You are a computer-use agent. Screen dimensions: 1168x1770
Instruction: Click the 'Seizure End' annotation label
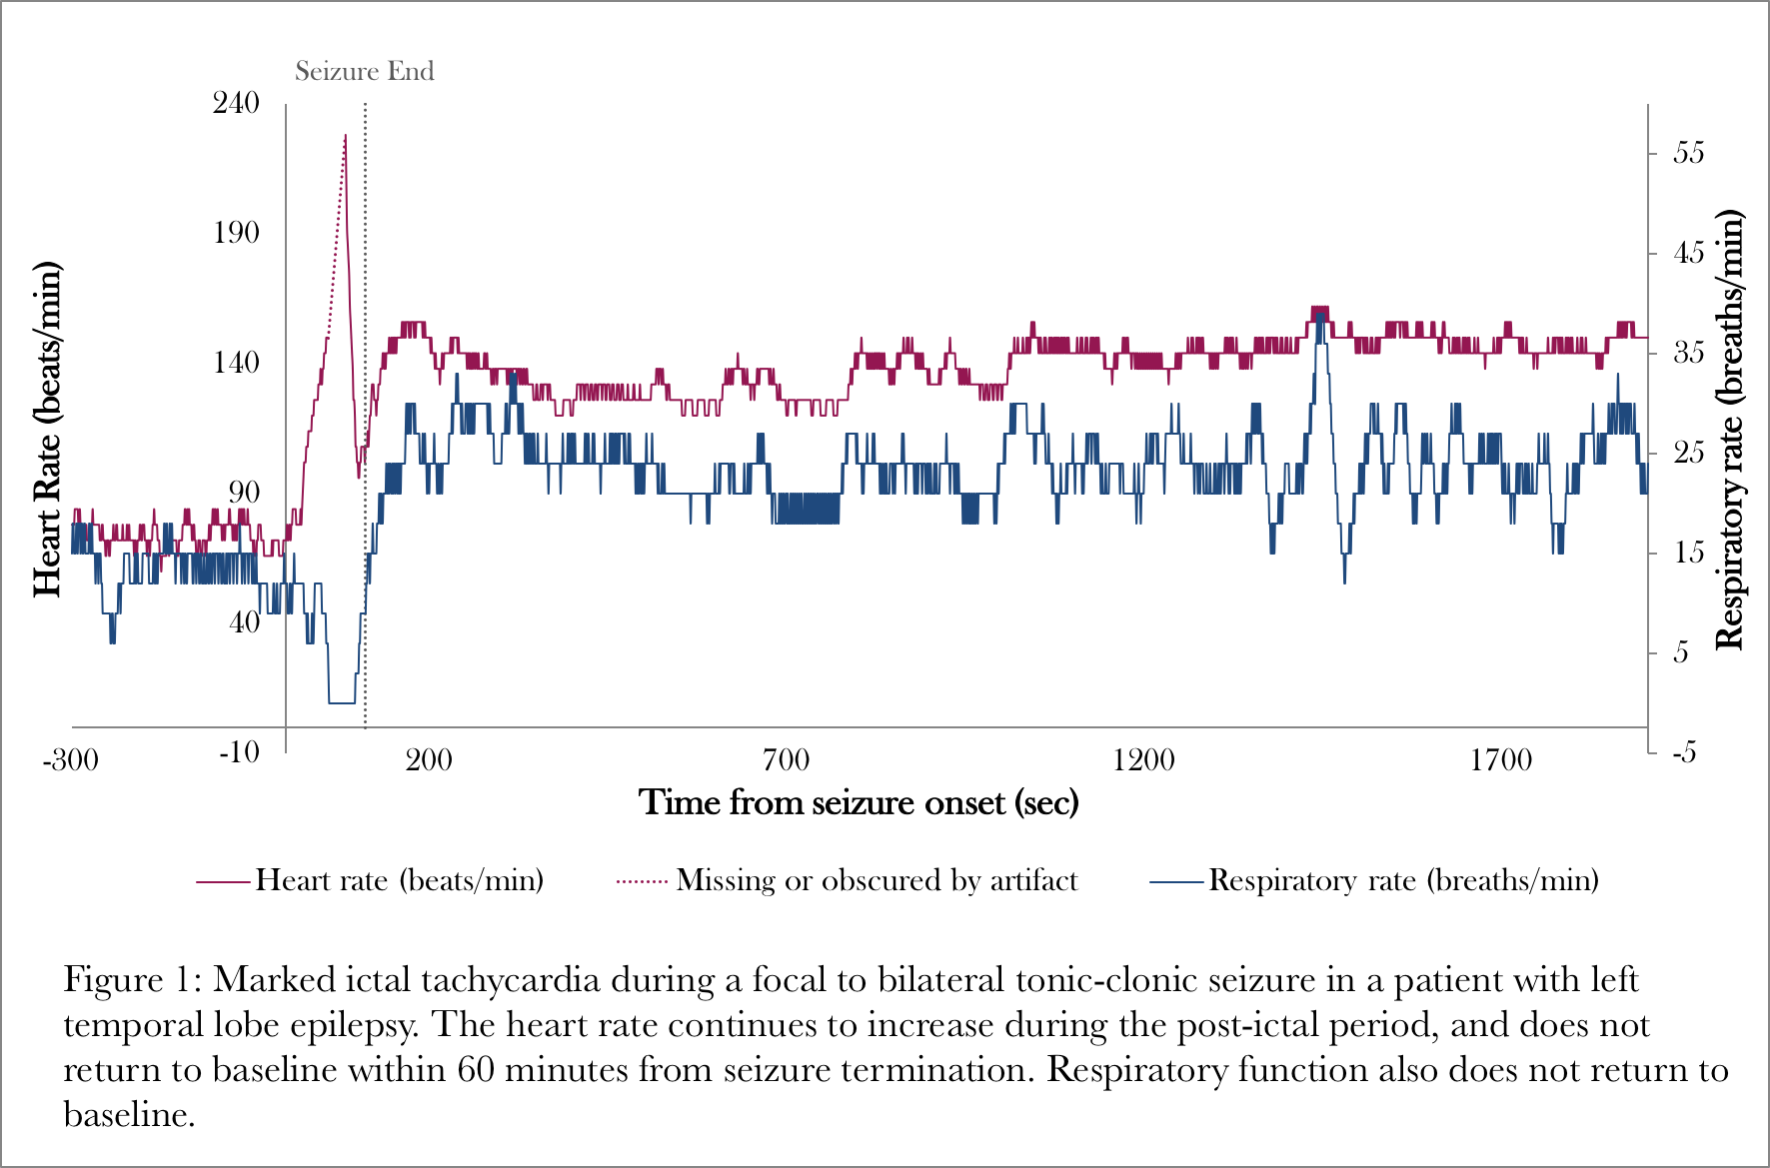tap(364, 71)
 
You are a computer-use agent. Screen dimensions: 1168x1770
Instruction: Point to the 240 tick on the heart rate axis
tap(236, 103)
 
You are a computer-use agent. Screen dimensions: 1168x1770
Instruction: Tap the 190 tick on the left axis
tap(236, 233)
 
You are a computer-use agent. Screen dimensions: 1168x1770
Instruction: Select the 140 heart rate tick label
tap(236, 363)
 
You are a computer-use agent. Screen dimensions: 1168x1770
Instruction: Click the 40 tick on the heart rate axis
tap(244, 622)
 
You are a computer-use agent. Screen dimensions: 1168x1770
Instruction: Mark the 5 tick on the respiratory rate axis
tap(1681, 652)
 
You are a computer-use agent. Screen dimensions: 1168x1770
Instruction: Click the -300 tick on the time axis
tap(70, 760)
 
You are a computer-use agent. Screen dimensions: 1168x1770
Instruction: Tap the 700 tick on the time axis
tap(786, 760)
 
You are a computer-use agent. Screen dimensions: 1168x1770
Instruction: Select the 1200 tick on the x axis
tap(1143, 760)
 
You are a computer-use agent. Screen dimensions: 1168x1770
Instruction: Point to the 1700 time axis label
tap(1500, 760)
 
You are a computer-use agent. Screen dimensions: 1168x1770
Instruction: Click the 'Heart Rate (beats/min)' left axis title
tap(47, 430)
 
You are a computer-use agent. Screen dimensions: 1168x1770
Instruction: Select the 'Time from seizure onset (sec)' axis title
tap(859, 802)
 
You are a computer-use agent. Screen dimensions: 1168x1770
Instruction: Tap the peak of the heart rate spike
tap(345, 135)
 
